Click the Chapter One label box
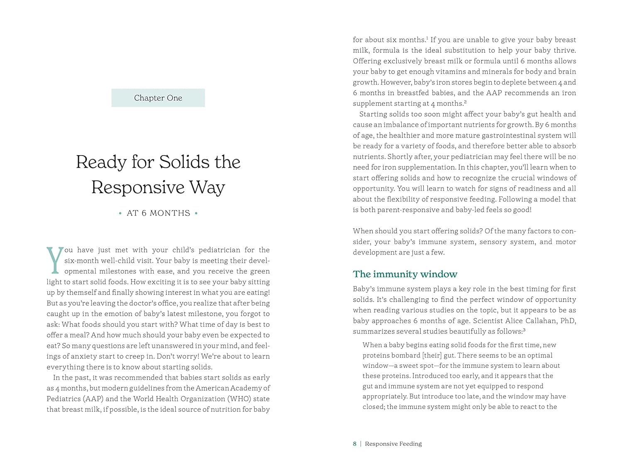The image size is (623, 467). [x=158, y=98]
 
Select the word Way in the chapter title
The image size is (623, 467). [x=207, y=187]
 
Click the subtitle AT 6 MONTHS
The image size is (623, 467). [x=158, y=213]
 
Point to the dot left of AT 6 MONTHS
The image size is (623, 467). [x=120, y=213]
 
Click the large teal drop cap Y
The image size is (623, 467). [x=55, y=260]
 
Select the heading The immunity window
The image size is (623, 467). [x=405, y=274]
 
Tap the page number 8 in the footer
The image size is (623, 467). [x=355, y=444]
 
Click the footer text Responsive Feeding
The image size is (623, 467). [x=393, y=444]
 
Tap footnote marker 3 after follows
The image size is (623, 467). [x=524, y=330]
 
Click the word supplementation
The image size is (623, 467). [x=424, y=167]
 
